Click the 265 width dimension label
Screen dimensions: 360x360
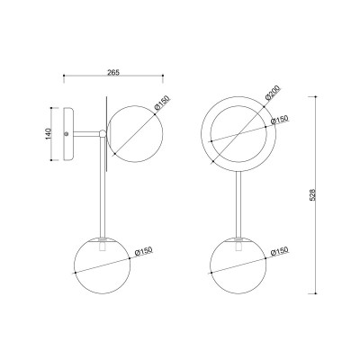(x=113, y=72)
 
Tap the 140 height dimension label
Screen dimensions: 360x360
(x=49, y=134)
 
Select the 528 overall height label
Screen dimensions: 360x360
(x=312, y=194)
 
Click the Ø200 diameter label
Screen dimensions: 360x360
(x=273, y=93)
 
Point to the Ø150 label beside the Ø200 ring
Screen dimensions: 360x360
(x=279, y=120)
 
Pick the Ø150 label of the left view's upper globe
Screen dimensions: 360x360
(x=162, y=103)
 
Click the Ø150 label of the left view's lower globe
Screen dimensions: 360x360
(x=144, y=251)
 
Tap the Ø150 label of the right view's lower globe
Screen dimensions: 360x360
(x=279, y=251)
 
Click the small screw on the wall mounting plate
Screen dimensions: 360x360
(x=67, y=134)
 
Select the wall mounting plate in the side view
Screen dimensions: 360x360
(x=67, y=134)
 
